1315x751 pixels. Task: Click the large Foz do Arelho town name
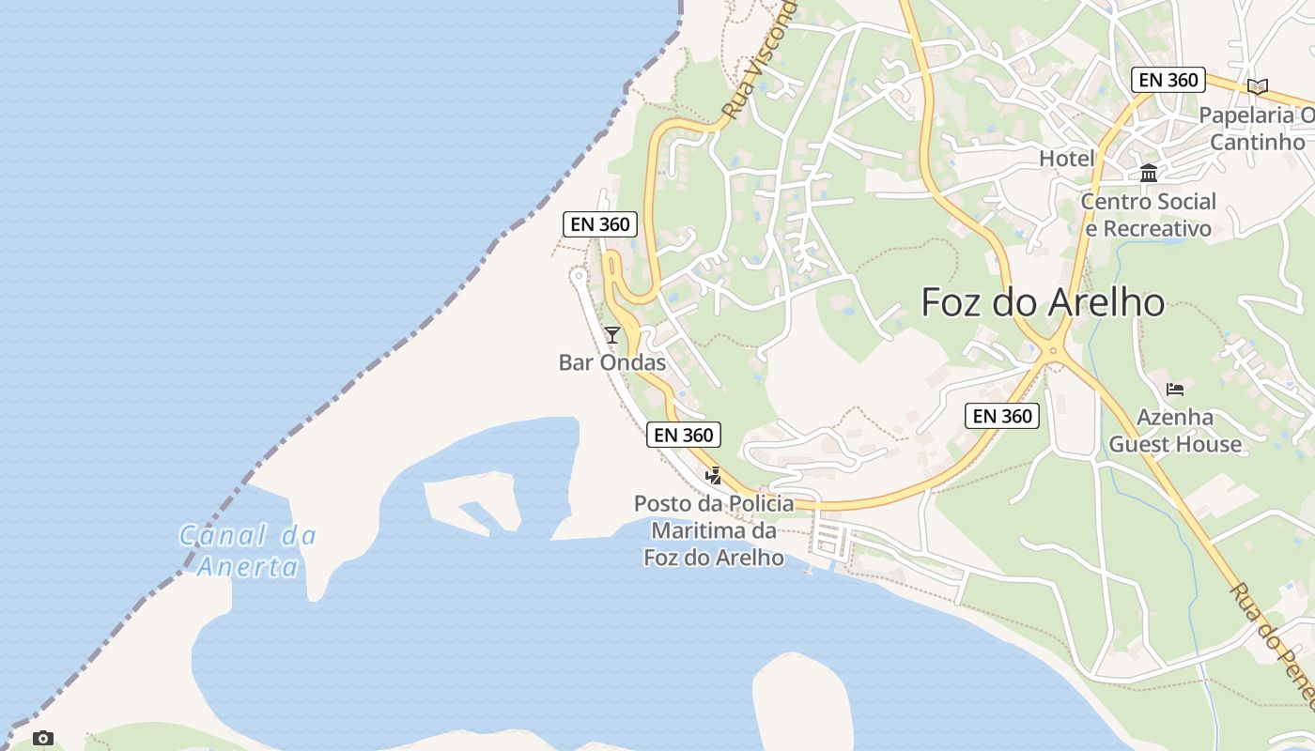1043,302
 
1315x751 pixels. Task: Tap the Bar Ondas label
612,362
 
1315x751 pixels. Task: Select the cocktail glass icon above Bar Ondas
612,334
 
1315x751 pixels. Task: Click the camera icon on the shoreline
42,738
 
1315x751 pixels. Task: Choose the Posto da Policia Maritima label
714,530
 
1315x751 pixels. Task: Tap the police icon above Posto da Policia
714,476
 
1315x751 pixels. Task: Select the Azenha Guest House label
1175,431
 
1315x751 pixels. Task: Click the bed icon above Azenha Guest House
1175,389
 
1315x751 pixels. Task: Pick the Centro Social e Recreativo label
1148,215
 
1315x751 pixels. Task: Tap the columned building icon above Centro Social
1148,173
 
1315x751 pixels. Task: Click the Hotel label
1067,159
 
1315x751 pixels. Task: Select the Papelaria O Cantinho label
1258,129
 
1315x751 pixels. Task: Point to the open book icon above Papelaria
1258,86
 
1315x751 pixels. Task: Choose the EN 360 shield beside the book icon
1168,80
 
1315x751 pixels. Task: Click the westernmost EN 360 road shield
600,224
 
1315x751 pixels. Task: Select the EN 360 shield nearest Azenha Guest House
1002,416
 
